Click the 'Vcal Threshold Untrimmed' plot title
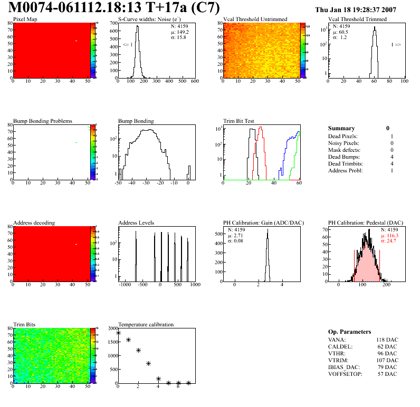255,20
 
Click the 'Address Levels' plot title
136,223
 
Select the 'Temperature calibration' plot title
146,325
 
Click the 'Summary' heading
341,128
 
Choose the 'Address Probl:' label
346,171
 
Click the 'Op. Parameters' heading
349,332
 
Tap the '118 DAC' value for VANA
387,340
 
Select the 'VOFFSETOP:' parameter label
345,374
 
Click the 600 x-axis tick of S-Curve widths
195,82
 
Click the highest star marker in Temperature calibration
118,333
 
